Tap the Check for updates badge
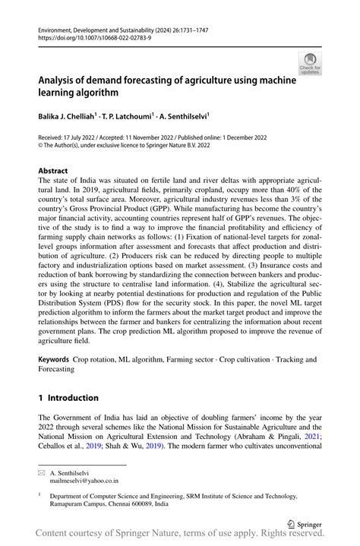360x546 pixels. click(310, 65)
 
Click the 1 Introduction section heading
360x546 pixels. click(68, 397)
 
